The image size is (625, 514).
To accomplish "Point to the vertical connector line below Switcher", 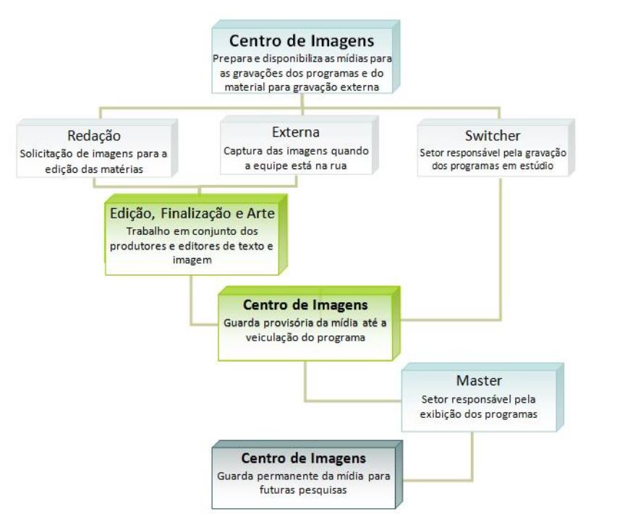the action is point(500,246).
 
